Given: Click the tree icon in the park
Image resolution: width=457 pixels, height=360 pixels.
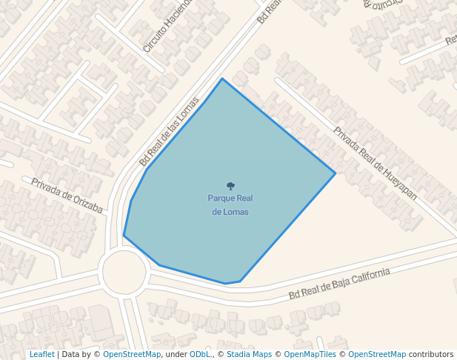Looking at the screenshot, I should [230, 186].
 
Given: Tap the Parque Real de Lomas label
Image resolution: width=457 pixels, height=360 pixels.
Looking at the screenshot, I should [230, 204].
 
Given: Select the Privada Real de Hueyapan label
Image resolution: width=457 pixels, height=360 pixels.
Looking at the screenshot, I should [375, 164].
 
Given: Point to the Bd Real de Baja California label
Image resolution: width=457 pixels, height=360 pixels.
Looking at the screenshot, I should [339, 284].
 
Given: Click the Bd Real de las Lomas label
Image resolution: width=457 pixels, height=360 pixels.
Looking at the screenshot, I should [170, 131].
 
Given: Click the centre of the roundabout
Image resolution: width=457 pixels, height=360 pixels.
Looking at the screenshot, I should [124, 272].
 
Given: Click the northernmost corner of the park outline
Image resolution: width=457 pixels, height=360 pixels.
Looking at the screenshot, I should [221, 79].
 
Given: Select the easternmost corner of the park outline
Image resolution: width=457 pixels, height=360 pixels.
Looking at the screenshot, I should [336, 173].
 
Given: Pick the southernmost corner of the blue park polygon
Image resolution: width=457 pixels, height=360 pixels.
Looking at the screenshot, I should [226, 284].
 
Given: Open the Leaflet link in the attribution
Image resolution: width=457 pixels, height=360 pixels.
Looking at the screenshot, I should [41, 355].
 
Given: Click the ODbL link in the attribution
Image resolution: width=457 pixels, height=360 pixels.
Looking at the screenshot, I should [200, 355].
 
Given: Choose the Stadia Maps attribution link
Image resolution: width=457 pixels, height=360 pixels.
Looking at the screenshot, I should [249, 355].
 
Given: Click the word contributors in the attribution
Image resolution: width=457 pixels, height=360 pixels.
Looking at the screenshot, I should [431, 355].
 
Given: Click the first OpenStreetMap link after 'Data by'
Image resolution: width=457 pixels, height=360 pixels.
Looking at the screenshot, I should [131, 355].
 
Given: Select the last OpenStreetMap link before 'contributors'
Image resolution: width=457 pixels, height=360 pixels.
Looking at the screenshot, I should [376, 355].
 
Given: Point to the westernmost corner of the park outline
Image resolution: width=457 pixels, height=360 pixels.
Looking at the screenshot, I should [124, 236].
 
